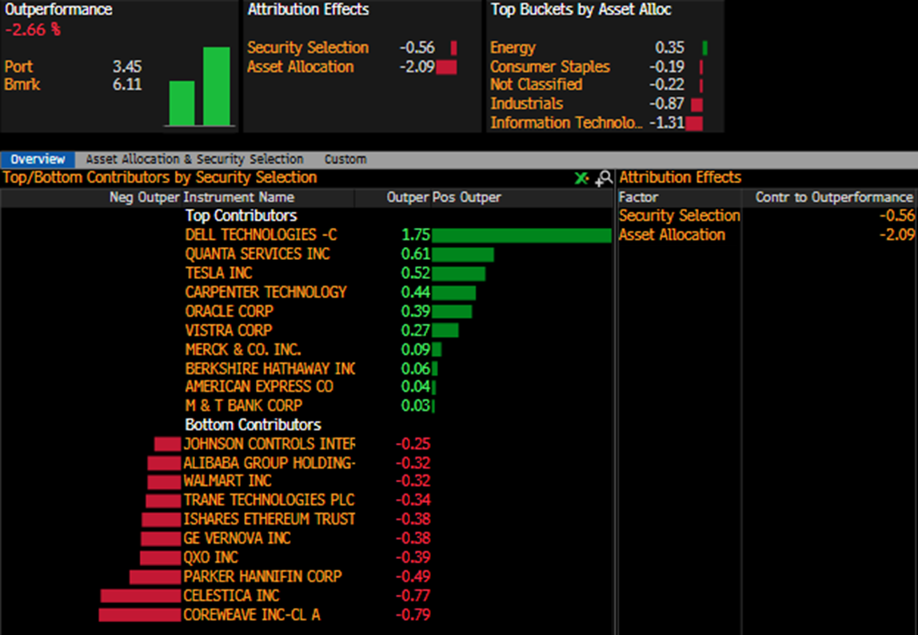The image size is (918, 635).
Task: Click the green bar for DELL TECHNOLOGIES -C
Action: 521,235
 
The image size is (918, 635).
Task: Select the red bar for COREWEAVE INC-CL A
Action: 139,615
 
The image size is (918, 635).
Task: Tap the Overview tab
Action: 38,159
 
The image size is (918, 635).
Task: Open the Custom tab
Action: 345,159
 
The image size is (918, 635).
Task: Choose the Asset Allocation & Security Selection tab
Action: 194,159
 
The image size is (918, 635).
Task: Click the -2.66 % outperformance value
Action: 33,30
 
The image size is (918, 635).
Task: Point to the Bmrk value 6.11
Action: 127,84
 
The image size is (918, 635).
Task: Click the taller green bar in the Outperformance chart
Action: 217,86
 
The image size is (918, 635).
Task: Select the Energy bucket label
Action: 513,47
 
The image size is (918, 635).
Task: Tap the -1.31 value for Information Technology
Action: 667,122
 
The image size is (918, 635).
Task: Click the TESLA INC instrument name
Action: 218,273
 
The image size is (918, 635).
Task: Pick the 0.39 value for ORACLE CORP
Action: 416,311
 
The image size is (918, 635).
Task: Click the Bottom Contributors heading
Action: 253,425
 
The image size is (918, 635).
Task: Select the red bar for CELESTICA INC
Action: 141,596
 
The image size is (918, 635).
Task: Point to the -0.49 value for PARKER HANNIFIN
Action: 413,577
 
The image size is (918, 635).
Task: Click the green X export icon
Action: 581,178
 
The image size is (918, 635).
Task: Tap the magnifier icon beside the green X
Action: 604,178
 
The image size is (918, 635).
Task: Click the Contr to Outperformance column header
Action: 834,198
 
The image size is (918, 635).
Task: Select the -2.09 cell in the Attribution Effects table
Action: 896,235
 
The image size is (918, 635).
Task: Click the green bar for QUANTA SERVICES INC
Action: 462,254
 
